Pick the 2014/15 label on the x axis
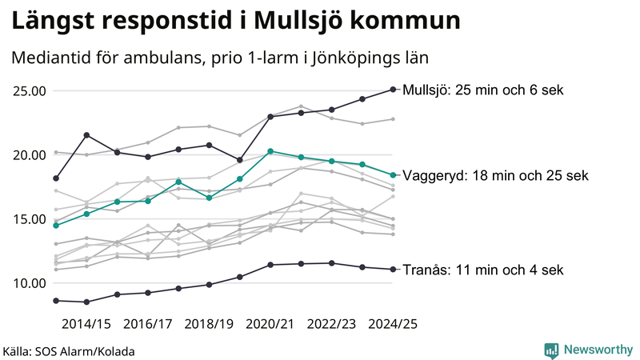[86, 324]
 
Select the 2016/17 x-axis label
[148, 324]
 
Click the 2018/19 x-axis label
[209, 324]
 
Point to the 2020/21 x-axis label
[270, 324]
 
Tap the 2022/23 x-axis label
[332, 324]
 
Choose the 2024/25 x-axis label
[393, 324]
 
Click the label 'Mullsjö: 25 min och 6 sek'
[484, 90]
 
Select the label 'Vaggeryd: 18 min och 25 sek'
[496, 175]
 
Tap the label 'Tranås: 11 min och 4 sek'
[484, 270]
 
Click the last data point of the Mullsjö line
[393, 90]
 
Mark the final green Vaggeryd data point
[393, 175]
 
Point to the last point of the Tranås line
[393, 270]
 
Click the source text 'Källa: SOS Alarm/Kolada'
[69, 351]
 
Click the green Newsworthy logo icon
[551, 350]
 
